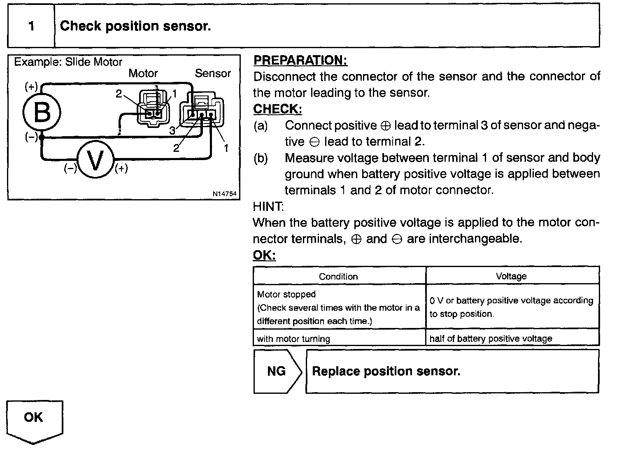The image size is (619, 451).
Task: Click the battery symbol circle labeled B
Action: tap(42, 112)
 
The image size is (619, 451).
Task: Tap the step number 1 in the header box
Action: tap(31, 26)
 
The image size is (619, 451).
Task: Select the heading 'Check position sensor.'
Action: tap(135, 26)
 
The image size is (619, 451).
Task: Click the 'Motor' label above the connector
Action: tap(143, 74)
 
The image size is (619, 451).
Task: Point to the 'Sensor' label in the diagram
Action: tap(213, 74)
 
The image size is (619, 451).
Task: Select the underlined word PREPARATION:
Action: tap(300, 60)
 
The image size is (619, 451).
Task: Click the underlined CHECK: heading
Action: tap(277, 109)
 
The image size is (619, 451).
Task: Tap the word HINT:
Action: tap(268, 206)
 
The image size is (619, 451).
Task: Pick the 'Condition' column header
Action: tap(338, 277)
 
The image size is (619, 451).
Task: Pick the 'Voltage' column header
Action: tap(511, 277)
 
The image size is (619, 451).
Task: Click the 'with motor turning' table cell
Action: tap(293, 339)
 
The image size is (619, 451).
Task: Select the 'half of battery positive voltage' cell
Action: tap(491, 339)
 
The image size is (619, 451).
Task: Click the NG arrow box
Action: tap(277, 371)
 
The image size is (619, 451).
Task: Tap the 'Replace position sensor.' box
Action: tap(452, 371)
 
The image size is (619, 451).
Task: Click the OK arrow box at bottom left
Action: tap(34, 420)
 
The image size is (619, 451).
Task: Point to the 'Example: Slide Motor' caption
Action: tap(68, 62)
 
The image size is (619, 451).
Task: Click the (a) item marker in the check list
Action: tap(261, 126)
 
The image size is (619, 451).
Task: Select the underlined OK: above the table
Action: tap(264, 255)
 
